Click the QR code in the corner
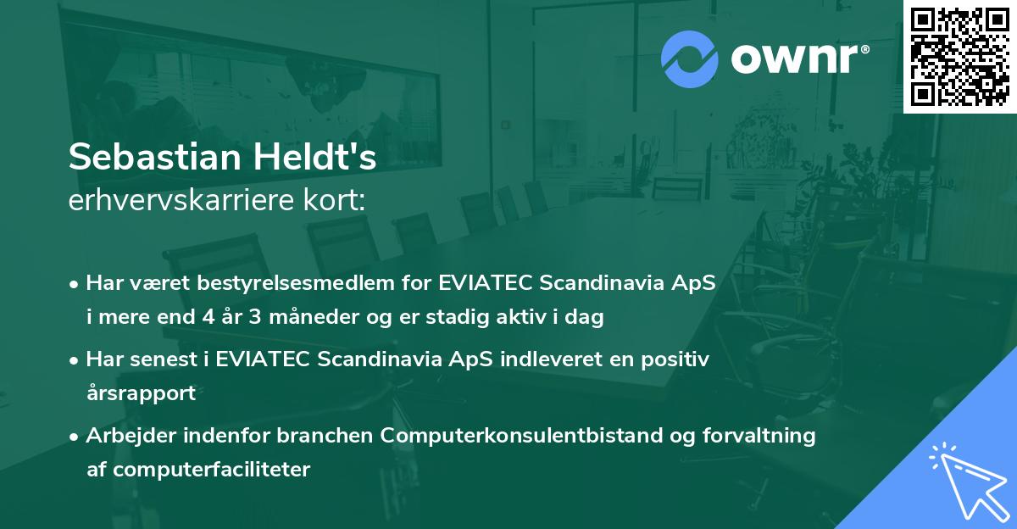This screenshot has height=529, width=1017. pyautogui.click(x=959, y=56)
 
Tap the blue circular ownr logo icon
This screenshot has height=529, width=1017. pyautogui.click(x=690, y=59)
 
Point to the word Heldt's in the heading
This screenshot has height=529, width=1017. pyautogui.click(x=320, y=159)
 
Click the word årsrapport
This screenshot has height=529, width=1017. pyautogui.click(x=141, y=393)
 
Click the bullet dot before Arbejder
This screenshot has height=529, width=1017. pyautogui.click(x=75, y=437)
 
